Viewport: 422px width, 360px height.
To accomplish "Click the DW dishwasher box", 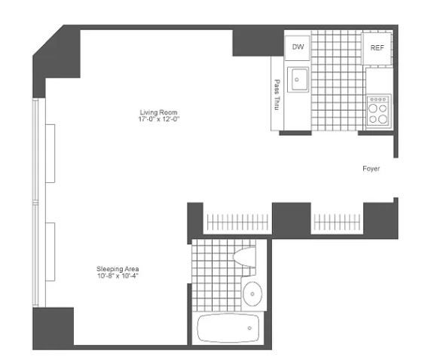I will (298, 47).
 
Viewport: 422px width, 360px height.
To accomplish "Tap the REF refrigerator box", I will (376, 48).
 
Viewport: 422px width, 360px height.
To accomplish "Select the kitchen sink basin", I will (299, 77).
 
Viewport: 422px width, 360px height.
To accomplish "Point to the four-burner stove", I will (378, 110).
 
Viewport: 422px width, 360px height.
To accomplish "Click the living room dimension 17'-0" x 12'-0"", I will (158, 120).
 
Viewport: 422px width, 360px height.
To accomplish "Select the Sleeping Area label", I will (118, 269).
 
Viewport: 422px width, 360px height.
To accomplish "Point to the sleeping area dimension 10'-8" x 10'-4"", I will (118, 276).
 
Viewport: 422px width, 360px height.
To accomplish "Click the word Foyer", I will (371, 169).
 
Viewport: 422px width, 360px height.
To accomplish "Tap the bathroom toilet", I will (246, 256).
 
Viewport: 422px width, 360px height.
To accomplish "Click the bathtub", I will (228, 328).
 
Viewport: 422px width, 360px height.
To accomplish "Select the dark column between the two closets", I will (292, 218).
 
